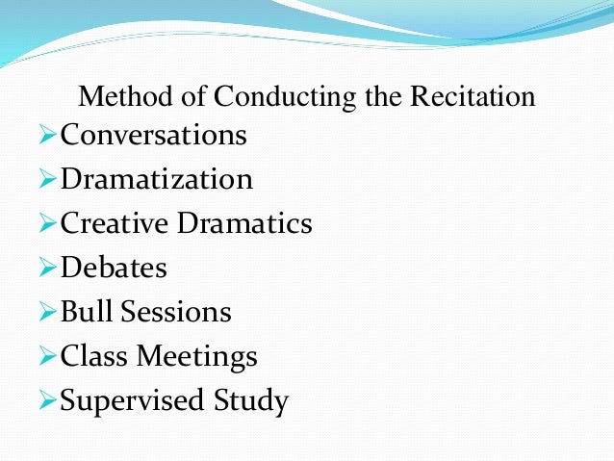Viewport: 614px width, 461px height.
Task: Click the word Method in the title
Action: tap(115, 97)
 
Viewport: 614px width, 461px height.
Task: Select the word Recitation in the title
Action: tap(473, 97)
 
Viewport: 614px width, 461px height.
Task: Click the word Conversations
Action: tap(154, 136)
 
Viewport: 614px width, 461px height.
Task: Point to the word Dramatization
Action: tap(157, 180)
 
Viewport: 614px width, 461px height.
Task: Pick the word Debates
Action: tap(114, 269)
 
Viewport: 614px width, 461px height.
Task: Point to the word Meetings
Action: tap(197, 357)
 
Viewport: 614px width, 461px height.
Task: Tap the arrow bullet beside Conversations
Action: tap(48, 136)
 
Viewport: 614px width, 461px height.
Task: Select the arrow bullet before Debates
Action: tap(48, 269)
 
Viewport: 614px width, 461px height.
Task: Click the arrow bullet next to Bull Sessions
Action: tap(48, 313)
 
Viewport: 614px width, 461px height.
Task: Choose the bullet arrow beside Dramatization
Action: tap(48, 180)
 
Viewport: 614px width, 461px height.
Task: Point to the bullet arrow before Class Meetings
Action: tap(48, 357)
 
